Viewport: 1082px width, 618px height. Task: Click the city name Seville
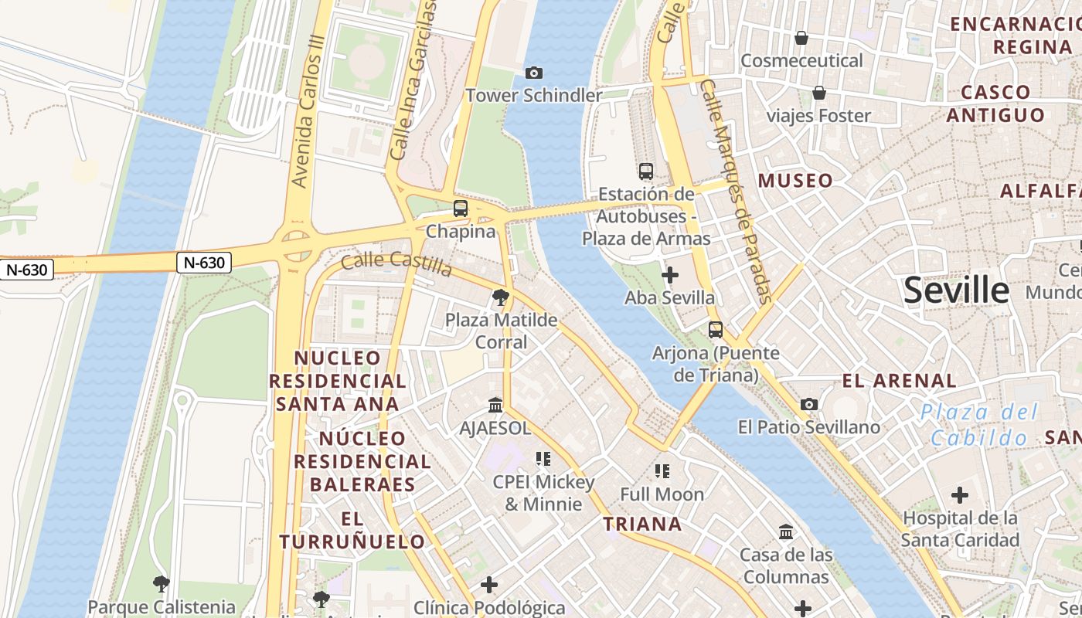click(x=956, y=290)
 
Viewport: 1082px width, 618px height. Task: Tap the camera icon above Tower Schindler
click(x=533, y=73)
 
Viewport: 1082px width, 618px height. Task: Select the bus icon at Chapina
click(x=461, y=208)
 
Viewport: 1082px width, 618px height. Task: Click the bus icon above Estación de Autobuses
click(x=646, y=171)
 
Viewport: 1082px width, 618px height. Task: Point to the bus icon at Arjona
click(x=716, y=330)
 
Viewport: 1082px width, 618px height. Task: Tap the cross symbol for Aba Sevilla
click(x=670, y=275)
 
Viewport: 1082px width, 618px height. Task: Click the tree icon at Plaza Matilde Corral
click(x=501, y=297)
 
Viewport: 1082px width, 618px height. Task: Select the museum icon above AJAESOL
click(x=495, y=405)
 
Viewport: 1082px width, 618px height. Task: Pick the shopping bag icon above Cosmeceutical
click(x=801, y=38)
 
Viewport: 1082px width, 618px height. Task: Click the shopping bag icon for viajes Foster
click(x=819, y=93)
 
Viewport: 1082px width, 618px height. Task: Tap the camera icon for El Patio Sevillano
click(x=809, y=404)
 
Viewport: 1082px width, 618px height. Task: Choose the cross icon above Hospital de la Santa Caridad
click(x=960, y=494)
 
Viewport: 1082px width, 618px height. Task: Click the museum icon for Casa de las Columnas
click(x=787, y=531)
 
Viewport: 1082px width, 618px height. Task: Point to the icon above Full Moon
click(x=662, y=470)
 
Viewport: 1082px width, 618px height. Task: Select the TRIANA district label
click(x=642, y=524)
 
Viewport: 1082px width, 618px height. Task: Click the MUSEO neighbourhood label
click(x=795, y=181)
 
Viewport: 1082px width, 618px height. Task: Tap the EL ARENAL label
click(x=899, y=380)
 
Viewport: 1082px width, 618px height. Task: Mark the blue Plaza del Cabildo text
click(x=980, y=425)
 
